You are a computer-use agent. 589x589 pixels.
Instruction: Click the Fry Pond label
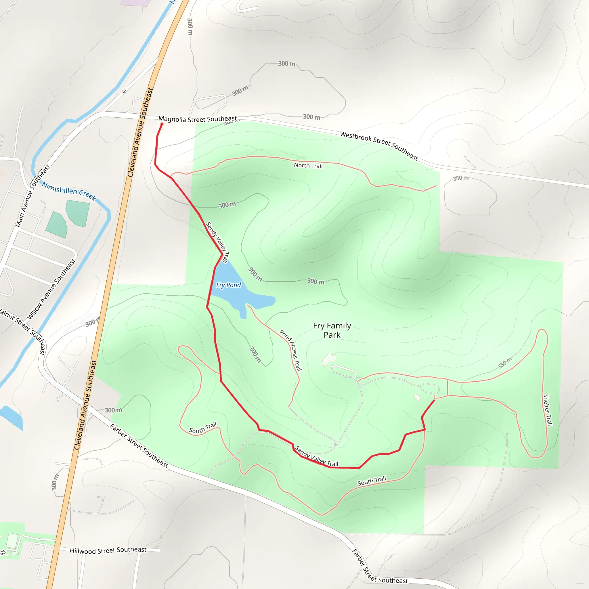point(228,285)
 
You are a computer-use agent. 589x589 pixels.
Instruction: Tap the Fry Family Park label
point(332,330)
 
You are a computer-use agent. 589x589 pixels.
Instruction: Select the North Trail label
point(308,166)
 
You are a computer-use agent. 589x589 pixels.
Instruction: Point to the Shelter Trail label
point(548,410)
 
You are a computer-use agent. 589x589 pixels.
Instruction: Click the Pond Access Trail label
point(290,350)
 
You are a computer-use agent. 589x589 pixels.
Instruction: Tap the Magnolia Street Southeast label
point(198,119)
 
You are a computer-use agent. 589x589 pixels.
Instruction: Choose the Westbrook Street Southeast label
point(379,146)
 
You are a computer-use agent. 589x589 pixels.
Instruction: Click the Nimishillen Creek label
point(69,191)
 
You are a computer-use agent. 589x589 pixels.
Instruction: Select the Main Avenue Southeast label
point(32,196)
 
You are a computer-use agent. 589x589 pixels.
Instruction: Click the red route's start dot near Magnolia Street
point(162,124)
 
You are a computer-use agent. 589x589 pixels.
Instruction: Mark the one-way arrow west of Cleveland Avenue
point(124,91)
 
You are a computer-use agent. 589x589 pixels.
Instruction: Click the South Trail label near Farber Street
point(203,428)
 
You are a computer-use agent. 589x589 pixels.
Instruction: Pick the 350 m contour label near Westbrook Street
point(460,178)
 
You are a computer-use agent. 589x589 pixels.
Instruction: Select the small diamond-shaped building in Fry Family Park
point(417,397)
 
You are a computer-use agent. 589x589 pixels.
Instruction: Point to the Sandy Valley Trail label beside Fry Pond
point(217,242)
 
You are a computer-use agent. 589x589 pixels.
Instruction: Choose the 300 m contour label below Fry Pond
point(255,354)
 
